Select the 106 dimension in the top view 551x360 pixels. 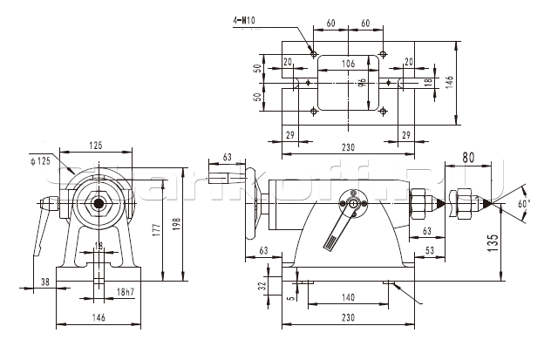point(348,64)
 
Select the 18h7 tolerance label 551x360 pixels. point(126,291)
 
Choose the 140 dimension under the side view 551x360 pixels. point(347,296)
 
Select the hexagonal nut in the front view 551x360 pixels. point(101,207)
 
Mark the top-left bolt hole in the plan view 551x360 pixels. point(313,54)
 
